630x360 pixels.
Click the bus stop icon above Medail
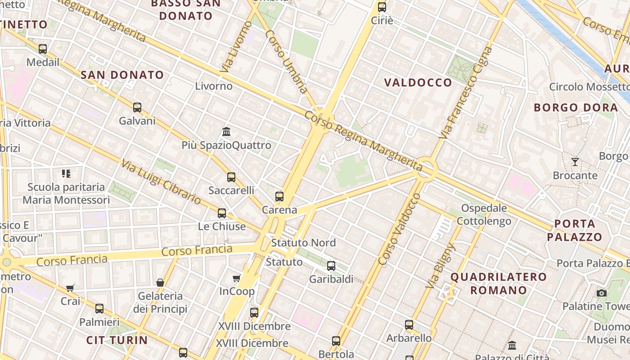[x=43, y=49]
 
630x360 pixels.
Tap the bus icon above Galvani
[x=137, y=108]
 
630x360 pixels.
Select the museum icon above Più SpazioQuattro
[x=227, y=132]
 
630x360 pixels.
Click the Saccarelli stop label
[x=231, y=190]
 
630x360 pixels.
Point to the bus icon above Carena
[x=279, y=197]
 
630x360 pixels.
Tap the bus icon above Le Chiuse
[x=222, y=213]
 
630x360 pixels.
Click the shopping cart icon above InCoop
[x=237, y=278]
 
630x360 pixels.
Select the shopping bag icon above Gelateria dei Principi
[x=160, y=283]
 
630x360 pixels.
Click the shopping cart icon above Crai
[x=70, y=288]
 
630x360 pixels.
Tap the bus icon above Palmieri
[x=99, y=309]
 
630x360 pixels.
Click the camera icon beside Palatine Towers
[x=602, y=293]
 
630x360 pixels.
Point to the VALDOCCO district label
[x=418, y=82]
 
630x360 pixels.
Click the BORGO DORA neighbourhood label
[x=576, y=108]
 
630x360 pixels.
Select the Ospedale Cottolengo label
[x=484, y=215]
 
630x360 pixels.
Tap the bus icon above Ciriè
[x=382, y=7]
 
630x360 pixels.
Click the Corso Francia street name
[x=197, y=250]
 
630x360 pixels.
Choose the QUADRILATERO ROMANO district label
[x=499, y=283]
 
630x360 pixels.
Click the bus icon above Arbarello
[x=409, y=324]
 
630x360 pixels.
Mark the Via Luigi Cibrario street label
[x=161, y=181]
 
